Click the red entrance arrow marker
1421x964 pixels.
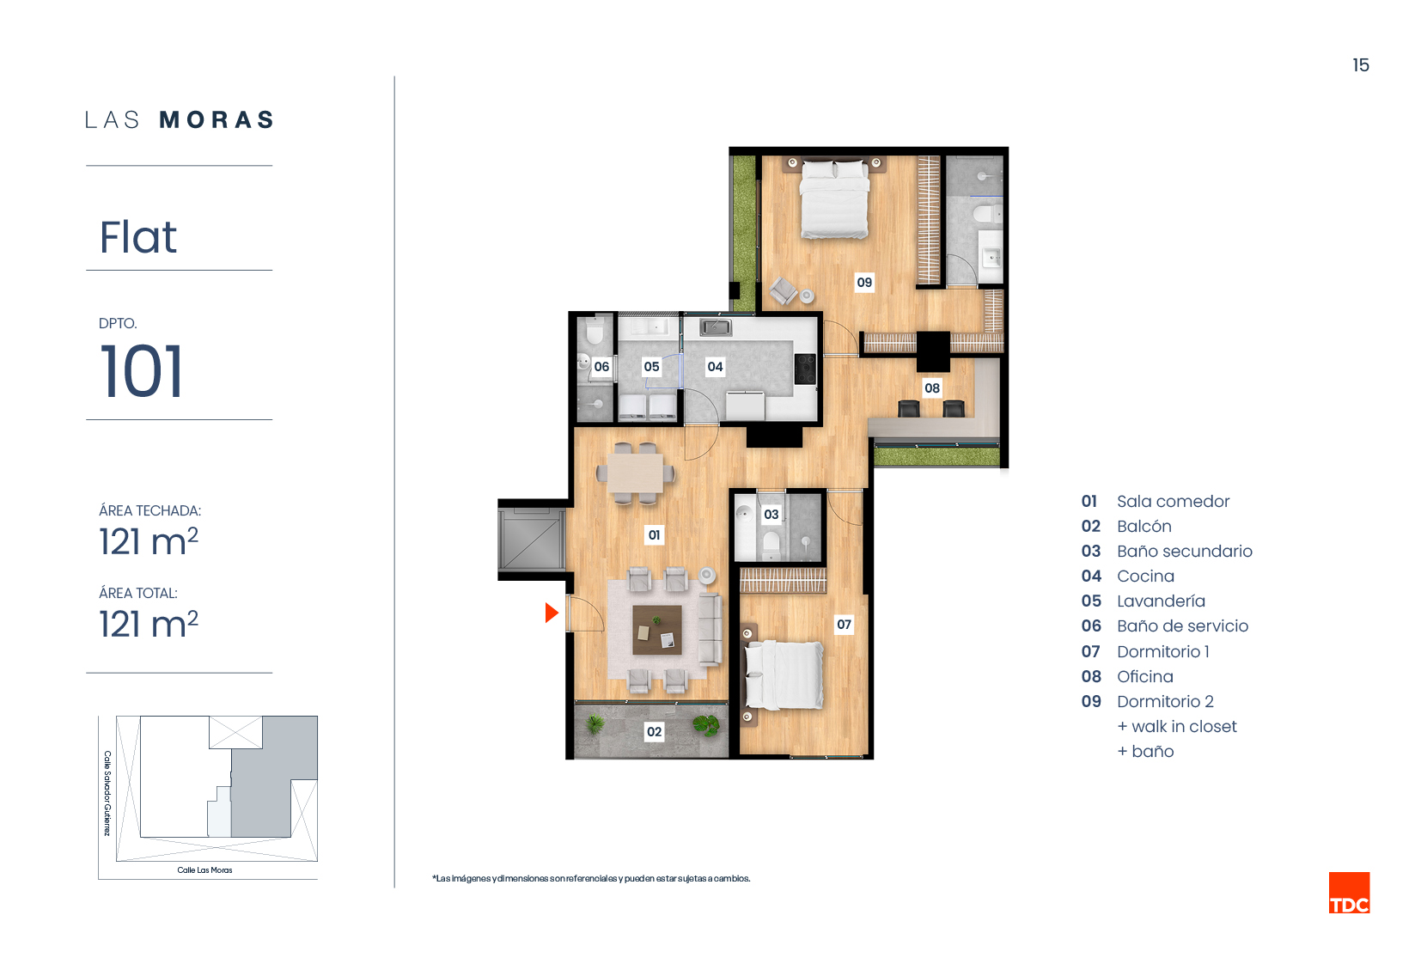coord(552,613)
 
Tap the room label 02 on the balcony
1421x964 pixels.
coord(654,731)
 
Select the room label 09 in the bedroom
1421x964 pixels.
coord(864,282)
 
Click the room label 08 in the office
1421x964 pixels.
coord(932,388)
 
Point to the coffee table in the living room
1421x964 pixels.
coord(657,630)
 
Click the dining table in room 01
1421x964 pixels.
coord(636,473)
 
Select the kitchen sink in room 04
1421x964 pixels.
coord(716,327)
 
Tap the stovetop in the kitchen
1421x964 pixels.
coord(805,369)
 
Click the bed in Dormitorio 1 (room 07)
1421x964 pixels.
coord(784,674)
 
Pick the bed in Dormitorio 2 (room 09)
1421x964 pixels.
coord(834,199)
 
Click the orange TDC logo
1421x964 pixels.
coord(1350,893)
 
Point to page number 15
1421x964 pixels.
coord(1361,65)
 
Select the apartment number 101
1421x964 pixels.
coord(142,372)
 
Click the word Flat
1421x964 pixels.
coord(137,237)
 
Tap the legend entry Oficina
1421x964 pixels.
coord(1145,677)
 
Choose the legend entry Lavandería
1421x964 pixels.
coord(1161,601)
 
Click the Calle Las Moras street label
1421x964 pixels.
coord(205,870)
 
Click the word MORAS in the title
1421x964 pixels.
coord(217,120)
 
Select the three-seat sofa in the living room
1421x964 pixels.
coord(710,629)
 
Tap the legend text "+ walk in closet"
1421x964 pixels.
coord(1177,726)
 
